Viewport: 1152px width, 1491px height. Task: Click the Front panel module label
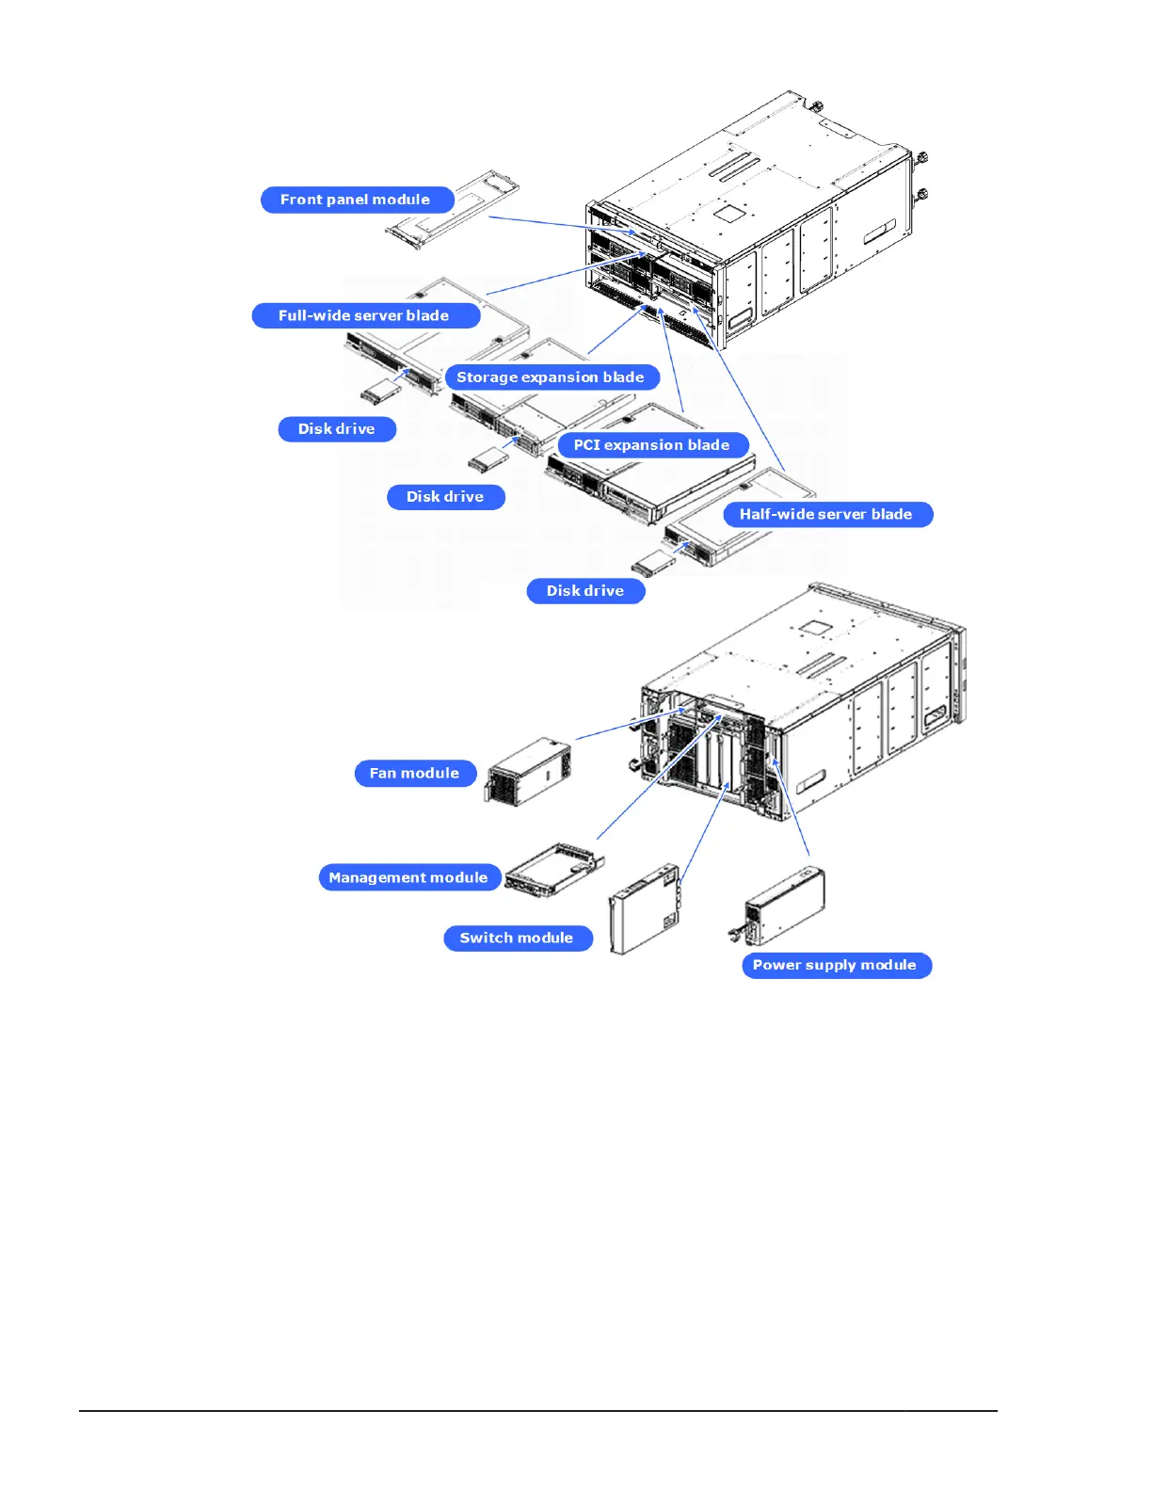356,200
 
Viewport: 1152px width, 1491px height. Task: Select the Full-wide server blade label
364,315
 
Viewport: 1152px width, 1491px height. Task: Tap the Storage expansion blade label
551,377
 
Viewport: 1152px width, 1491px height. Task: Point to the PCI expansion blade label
652,445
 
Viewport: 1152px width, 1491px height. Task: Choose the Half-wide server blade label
826,515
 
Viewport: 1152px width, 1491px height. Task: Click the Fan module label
415,774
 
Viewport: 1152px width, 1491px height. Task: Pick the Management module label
408,877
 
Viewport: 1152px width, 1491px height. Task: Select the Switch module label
517,938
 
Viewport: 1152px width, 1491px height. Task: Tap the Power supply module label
835,966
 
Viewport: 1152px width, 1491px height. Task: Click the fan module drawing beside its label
529,771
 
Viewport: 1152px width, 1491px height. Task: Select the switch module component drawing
645,908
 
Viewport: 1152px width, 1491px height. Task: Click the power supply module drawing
784,906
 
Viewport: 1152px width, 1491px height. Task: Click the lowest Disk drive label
585,591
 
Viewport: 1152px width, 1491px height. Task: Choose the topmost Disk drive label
337,429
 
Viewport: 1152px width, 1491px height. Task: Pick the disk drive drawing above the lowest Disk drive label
653,566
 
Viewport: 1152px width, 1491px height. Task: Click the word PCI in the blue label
587,445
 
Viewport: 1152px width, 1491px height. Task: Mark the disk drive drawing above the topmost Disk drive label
381,391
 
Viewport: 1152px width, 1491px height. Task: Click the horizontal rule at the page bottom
537,1410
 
